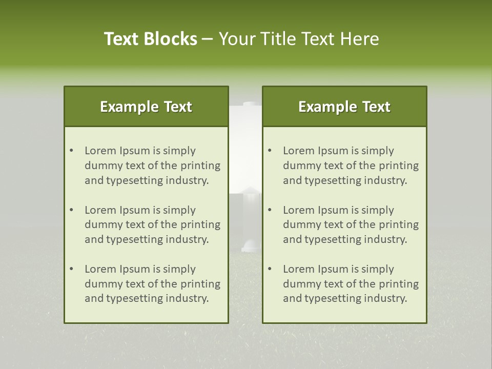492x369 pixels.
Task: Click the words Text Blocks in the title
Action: (x=151, y=39)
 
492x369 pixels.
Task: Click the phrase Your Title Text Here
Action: (x=299, y=39)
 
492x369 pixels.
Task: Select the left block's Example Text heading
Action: (x=146, y=107)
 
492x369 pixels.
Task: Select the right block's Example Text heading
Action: (x=344, y=107)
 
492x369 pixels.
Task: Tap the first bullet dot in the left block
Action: (x=71, y=151)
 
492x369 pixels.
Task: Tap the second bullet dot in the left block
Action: (x=71, y=210)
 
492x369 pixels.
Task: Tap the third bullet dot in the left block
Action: (x=71, y=269)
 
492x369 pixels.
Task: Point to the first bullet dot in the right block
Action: (x=270, y=151)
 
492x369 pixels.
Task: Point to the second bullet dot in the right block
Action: (x=270, y=210)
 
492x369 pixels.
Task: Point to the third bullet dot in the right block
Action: (x=270, y=269)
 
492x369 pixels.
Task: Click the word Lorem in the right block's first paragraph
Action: (x=298, y=151)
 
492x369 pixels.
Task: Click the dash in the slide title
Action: (x=208, y=39)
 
